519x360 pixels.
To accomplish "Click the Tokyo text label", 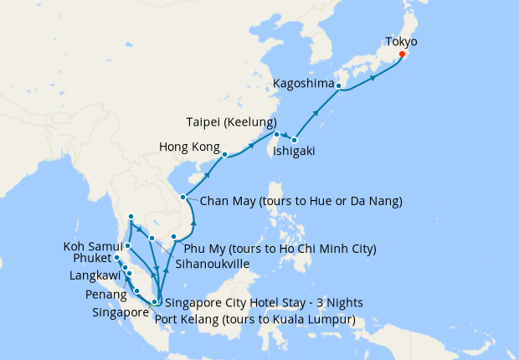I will click(401, 40).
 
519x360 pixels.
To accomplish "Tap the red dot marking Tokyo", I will click(402, 54).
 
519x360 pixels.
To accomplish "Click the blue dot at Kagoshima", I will click(339, 85).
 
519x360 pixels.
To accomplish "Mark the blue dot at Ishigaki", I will click(295, 140).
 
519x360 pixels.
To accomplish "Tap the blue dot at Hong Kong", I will click(224, 154).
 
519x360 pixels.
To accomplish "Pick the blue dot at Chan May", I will click(183, 198).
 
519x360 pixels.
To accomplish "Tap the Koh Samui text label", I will click(90, 247).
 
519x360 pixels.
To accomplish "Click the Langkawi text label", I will click(94, 275).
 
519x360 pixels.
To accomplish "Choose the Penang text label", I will click(105, 296).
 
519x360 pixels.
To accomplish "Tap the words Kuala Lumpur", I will click(316, 320).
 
